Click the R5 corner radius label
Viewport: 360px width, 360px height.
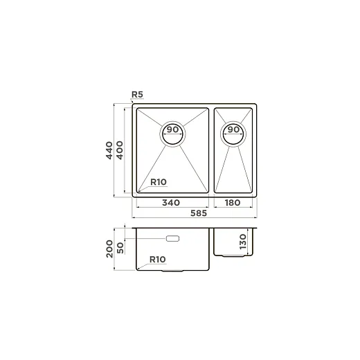click(137, 94)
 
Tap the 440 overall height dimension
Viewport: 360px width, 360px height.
click(109, 150)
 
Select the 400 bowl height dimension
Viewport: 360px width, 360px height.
click(120, 150)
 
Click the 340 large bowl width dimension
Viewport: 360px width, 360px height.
click(171, 203)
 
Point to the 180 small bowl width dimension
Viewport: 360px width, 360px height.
click(233, 203)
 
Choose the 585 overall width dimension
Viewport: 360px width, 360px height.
click(199, 213)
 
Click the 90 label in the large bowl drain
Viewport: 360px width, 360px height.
click(172, 129)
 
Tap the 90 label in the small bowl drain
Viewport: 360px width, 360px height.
click(233, 129)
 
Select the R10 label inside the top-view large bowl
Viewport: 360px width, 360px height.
click(159, 182)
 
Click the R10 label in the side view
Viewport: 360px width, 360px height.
click(158, 260)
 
